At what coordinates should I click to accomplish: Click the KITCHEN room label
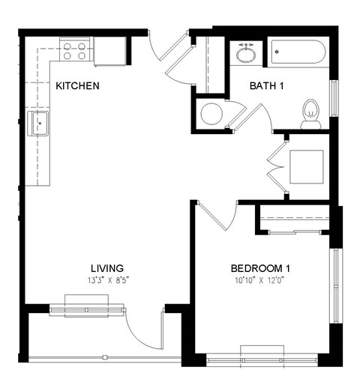coord(77,86)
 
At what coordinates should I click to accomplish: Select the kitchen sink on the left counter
coord(38,124)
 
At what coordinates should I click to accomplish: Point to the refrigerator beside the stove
coord(109,51)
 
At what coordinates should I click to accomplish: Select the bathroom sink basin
coord(245,54)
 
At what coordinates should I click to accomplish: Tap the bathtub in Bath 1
coord(298,52)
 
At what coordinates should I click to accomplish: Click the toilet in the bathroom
coord(311,114)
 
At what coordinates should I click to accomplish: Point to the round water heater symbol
coord(211,114)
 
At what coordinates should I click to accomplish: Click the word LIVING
coord(106,268)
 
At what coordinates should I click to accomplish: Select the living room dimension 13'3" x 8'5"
coord(106,280)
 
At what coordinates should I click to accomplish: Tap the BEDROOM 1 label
coord(260,268)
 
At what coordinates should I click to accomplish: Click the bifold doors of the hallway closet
coord(274,165)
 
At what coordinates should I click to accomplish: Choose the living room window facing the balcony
coord(87,309)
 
